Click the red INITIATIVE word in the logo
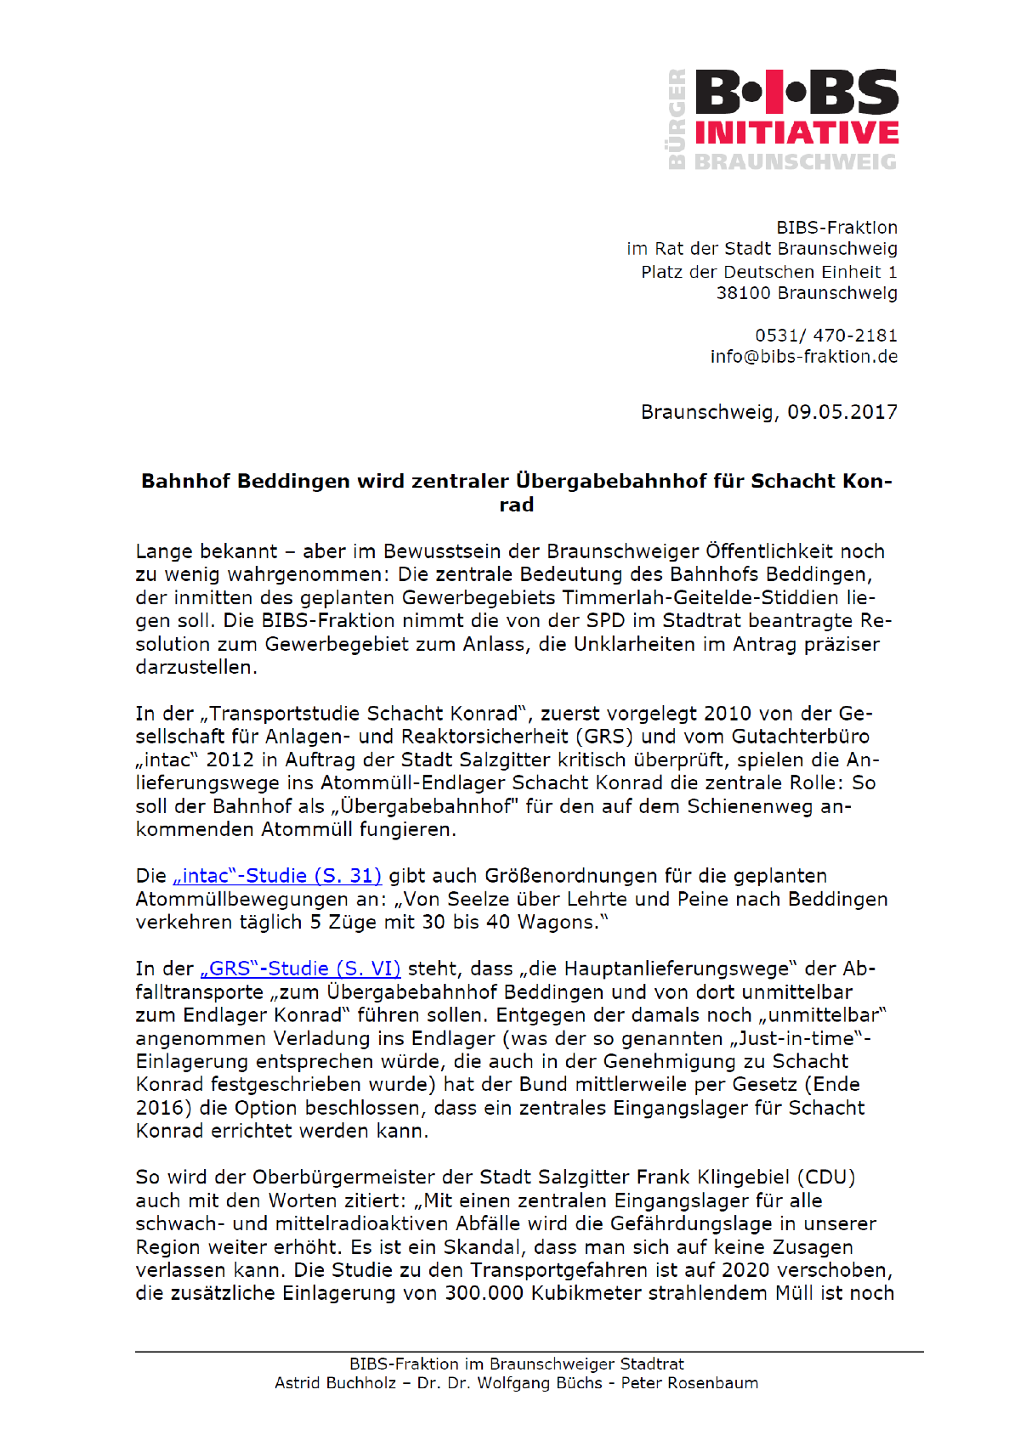796,133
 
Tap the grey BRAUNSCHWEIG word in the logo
796,161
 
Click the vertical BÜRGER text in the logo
677,118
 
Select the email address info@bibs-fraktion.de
803,357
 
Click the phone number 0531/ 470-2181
825,336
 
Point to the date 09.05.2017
841,412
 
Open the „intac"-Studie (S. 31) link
277,876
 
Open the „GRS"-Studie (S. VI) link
300,969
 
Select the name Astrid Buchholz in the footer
335,1383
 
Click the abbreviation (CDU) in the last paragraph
825,1178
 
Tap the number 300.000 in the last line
484,1293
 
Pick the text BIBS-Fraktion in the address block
836,228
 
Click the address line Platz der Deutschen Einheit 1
769,272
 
